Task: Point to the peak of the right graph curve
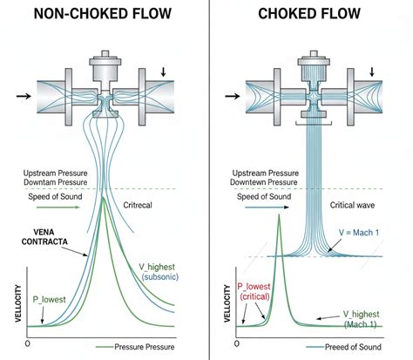tap(280, 215)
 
